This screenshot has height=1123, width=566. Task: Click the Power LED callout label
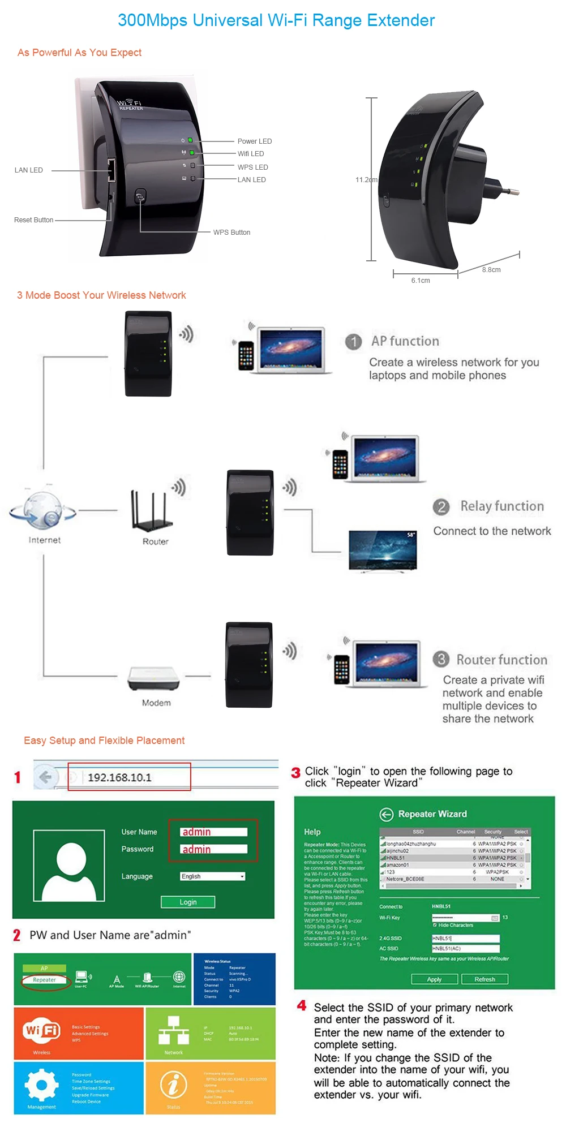[x=254, y=141]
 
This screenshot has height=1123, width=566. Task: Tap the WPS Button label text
[x=231, y=233]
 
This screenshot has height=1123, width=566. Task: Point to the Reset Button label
[x=33, y=220]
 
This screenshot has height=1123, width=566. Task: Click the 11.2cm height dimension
[x=366, y=180]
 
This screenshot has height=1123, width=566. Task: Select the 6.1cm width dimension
[x=421, y=281]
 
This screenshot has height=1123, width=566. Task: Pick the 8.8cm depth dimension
[x=491, y=270]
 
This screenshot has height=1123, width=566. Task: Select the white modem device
[x=153, y=678]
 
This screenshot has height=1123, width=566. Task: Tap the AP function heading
[x=405, y=341]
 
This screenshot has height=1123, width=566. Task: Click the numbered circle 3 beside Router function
[x=441, y=659]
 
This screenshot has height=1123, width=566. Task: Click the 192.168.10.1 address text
[x=119, y=778]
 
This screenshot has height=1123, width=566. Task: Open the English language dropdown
[x=213, y=876]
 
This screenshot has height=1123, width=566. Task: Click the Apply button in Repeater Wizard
[x=434, y=979]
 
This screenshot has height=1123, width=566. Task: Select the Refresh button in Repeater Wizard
[x=484, y=979]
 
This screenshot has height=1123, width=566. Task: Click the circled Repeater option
[x=44, y=980]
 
